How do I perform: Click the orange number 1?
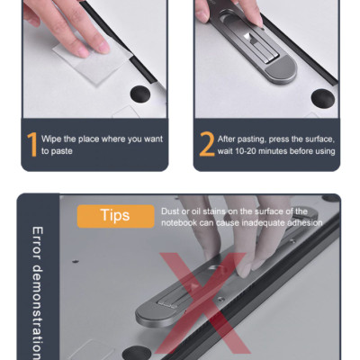pos(32,145)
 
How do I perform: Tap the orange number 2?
pos(207,145)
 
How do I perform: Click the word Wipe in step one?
pos(51,139)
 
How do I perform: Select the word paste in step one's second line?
pos(61,151)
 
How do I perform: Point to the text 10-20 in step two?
pos(245,151)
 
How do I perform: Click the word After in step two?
pos(227,139)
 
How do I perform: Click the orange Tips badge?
pos(115,216)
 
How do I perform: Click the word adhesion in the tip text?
pos(305,222)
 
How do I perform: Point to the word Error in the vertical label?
pos(37,243)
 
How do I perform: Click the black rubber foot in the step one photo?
pos(140,94)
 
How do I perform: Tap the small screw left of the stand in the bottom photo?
pos(76,261)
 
